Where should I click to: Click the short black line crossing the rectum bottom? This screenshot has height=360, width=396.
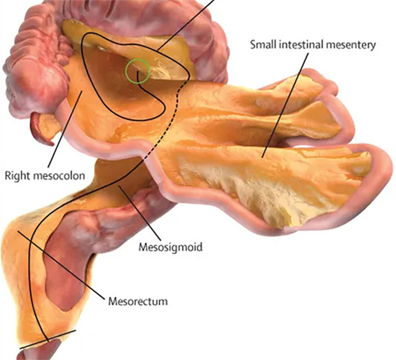tap(48, 339)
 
